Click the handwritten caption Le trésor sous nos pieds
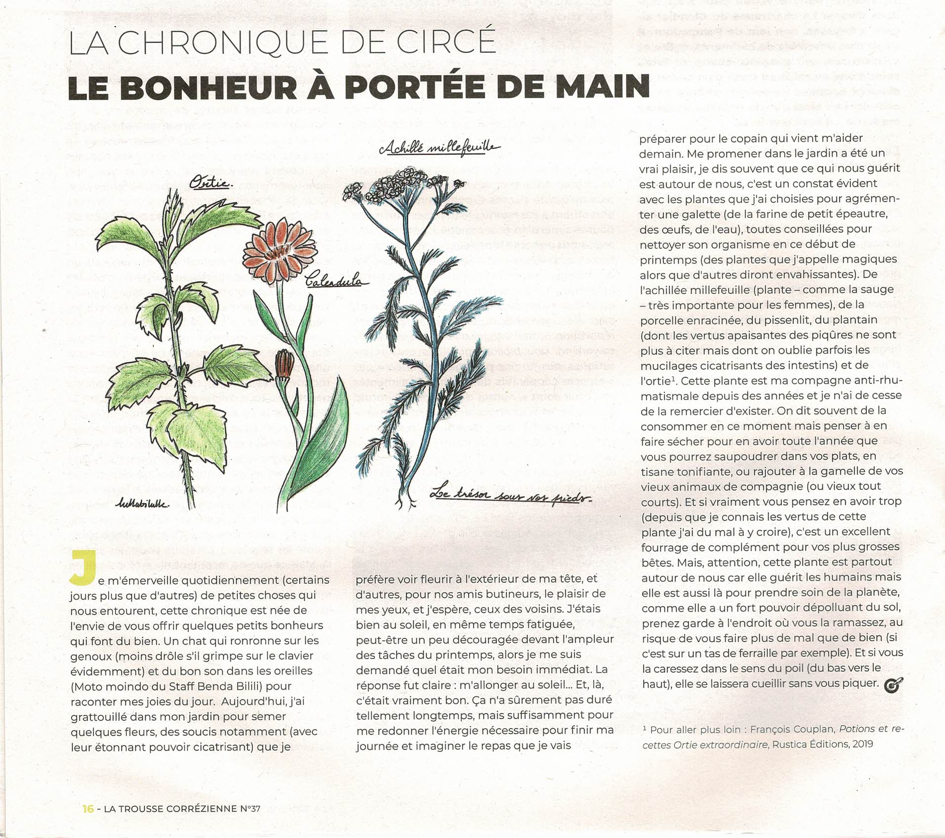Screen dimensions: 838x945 (511, 496)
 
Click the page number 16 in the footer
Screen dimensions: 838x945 (88, 809)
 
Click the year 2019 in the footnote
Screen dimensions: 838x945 (859, 744)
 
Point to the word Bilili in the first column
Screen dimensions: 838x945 (277, 686)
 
